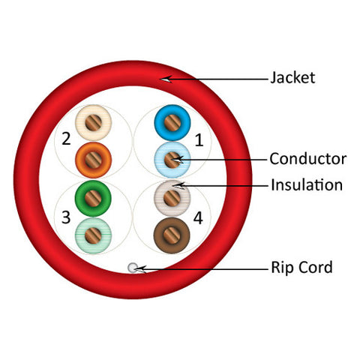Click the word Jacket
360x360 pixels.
[292, 78]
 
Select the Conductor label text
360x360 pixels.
[308, 159]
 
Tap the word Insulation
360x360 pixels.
[307, 185]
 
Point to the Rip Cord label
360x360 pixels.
[301, 267]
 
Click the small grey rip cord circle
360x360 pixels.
[133, 268]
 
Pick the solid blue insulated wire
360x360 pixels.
[172, 123]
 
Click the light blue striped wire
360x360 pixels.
[172, 160]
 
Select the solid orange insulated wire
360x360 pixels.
[93, 160]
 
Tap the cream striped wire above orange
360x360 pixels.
[93, 122]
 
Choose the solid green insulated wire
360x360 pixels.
[93, 198]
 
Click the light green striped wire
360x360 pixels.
[93, 235]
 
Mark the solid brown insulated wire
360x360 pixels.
[172, 235]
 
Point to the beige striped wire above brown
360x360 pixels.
[172, 198]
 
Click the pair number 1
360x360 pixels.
[199, 139]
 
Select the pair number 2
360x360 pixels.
[66, 139]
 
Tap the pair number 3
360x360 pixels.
[66, 217]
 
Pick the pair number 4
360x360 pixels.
[198, 218]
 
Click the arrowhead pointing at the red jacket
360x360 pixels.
[166, 79]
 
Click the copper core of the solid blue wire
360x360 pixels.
[172, 123]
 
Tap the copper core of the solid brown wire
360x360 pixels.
[172, 235]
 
